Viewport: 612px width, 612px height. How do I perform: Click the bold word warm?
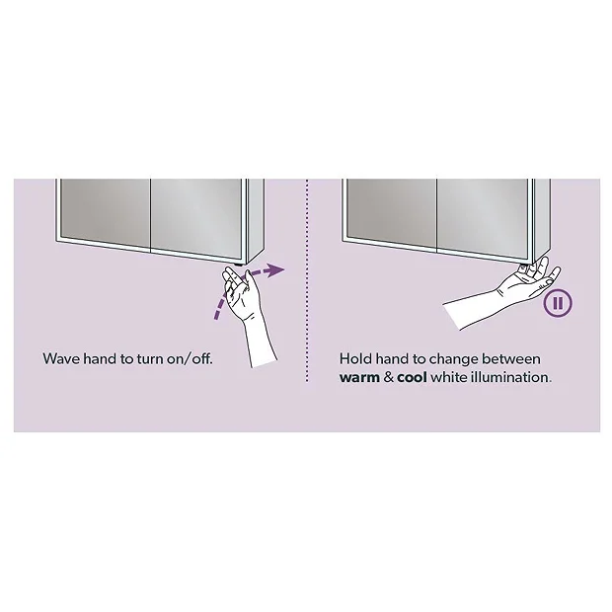pos(360,377)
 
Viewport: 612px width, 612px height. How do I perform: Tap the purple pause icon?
pos(558,303)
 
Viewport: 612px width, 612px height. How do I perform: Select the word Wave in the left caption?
pos(60,358)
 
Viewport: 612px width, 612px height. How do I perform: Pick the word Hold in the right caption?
pos(356,358)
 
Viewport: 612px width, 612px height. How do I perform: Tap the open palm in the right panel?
pos(523,281)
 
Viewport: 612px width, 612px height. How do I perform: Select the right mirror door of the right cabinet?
pos(481,211)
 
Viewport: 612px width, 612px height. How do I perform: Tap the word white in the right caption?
pos(455,377)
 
